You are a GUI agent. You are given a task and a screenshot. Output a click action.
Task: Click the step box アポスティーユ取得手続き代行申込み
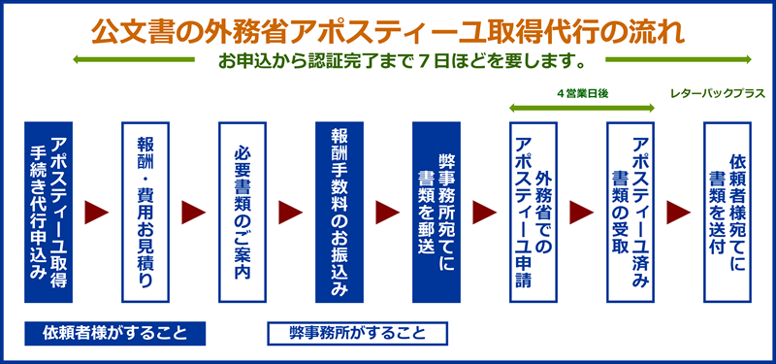(48, 213)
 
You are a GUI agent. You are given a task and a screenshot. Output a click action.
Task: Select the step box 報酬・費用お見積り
(145, 213)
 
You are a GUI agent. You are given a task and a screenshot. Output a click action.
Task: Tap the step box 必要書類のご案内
(242, 213)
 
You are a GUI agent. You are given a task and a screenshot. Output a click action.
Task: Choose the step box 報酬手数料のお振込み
(339, 213)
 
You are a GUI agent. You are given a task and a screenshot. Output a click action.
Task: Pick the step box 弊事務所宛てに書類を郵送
(436, 213)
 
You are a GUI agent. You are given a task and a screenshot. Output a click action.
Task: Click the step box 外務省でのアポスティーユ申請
(533, 213)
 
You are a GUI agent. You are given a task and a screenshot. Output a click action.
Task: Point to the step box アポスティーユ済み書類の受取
(630, 213)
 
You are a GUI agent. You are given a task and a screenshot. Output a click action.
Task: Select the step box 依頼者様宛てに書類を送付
(727, 213)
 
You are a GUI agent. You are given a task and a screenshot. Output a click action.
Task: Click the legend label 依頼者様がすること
(114, 333)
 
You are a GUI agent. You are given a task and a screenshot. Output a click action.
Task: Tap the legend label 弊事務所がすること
(357, 333)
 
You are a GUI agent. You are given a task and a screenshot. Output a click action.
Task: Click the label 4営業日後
(582, 93)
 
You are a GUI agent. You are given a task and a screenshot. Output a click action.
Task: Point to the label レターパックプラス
(718, 93)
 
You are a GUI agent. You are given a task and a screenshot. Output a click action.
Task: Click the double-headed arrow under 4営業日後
(582, 108)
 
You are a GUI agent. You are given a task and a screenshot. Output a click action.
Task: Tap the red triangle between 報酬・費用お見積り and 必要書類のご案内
(193, 213)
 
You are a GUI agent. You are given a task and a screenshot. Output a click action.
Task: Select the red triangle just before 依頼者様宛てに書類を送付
(678, 213)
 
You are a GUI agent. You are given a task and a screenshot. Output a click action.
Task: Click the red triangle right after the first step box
(96, 213)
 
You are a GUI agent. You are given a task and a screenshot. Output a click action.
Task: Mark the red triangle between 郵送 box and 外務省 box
(484, 213)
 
